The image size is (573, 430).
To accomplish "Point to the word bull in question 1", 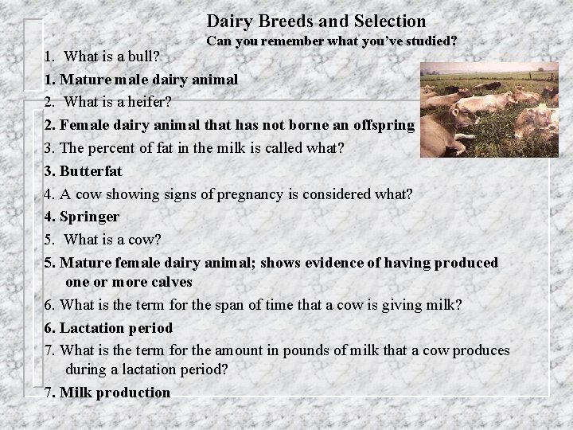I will tap(141, 57).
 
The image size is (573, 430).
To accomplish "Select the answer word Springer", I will tap(90, 217).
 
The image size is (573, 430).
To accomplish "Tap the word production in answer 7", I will tap(131, 392).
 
